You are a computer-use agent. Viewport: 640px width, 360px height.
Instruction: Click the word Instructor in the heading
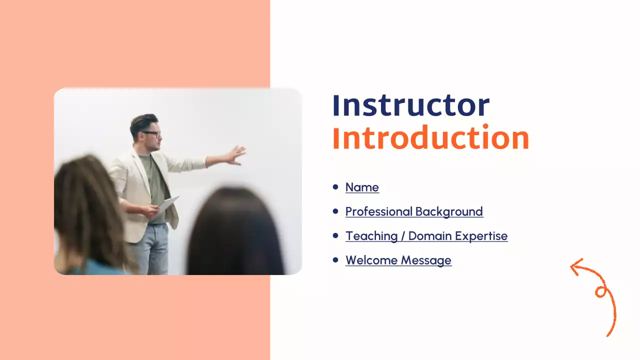411,105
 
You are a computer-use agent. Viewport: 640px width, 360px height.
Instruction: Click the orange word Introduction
431,137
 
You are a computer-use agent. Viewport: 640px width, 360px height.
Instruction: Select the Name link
362,187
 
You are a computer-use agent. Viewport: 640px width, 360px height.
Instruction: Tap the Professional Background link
414,212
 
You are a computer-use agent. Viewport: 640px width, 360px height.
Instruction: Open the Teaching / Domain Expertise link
426,236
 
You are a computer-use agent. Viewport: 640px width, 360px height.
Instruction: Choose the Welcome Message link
398,260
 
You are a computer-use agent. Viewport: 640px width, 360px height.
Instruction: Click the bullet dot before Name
335,187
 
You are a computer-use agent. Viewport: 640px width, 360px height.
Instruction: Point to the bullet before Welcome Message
335,259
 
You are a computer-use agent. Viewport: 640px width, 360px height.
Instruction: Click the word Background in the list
449,212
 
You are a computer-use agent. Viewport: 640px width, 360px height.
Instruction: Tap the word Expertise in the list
481,236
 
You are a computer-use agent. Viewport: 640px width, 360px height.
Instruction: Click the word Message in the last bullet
426,260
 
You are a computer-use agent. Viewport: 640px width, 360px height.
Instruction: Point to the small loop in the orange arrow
601,292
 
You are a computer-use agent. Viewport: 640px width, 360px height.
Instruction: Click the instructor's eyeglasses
151,133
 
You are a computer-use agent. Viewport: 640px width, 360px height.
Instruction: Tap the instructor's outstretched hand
236,155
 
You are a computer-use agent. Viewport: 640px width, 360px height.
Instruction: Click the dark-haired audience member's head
235,231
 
